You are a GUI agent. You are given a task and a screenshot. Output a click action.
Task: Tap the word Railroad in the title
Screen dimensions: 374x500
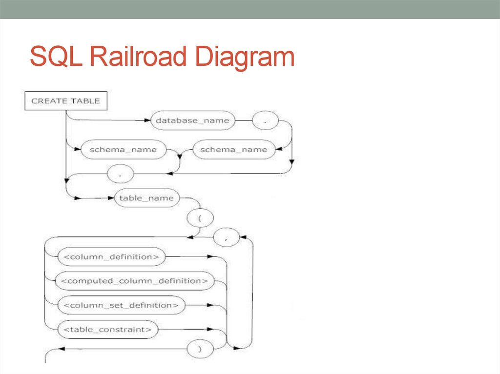[x=135, y=58]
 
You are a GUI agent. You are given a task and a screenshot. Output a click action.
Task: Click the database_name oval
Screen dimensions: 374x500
[x=192, y=120]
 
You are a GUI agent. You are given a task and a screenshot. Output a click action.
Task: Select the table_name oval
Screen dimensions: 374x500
[x=146, y=198]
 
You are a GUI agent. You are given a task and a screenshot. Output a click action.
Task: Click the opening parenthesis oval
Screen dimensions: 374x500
[x=199, y=218]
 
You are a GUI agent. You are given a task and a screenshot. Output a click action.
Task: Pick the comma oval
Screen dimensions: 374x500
[x=226, y=238]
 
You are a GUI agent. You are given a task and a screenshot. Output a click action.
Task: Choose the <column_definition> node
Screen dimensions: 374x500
[x=111, y=256]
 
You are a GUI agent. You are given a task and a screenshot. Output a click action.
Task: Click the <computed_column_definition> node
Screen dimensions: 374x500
[x=135, y=281]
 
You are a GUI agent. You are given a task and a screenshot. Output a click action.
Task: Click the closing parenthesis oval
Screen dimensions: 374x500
[x=199, y=349]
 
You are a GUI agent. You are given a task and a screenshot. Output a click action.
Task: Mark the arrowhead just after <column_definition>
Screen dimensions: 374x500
[x=210, y=256]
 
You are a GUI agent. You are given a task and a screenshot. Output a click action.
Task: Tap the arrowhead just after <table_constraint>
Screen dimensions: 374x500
[x=210, y=330]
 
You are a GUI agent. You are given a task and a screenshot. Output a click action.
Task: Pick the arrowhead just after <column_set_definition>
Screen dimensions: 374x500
[x=210, y=305]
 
